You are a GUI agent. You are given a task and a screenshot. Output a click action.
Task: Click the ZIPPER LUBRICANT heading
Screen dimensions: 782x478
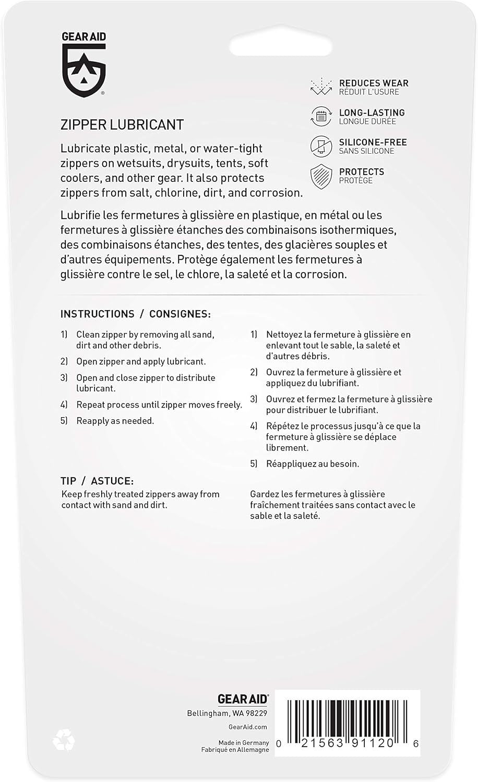pyautogui.click(x=122, y=125)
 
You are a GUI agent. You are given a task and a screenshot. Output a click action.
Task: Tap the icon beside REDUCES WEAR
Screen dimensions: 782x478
pyautogui.click(x=321, y=87)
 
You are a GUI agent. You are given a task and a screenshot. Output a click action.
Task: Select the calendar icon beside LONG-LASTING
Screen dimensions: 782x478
pyautogui.click(x=321, y=117)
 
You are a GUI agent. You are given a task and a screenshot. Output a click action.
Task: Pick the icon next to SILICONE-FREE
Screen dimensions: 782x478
pyautogui.click(x=321, y=146)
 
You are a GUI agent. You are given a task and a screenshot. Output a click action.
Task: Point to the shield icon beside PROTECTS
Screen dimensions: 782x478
pyautogui.click(x=321, y=176)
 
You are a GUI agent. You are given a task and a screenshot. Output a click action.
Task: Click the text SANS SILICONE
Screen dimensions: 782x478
pyautogui.click(x=366, y=151)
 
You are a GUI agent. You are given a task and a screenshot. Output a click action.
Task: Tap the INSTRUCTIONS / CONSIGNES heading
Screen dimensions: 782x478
pyautogui.click(x=136, y=314)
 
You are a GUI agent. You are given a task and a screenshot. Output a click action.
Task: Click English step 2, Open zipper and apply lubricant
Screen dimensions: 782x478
pyautogui.click(x=141, y=361)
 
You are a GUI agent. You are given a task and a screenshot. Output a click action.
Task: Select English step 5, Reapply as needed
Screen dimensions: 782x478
pyautogui.click(x=115, y=421)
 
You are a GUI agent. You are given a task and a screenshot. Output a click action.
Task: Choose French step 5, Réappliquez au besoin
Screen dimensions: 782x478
pyautogui.click(x=312, y=463)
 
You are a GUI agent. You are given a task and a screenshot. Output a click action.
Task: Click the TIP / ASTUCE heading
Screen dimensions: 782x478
pyautogui.click(x=97, y=481)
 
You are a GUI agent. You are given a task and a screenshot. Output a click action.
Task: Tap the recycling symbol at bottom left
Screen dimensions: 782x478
pyautogui.click(x=64, y=739)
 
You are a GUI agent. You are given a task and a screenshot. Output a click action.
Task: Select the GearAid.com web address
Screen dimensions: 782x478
pyautogui.click(x=248, y=727)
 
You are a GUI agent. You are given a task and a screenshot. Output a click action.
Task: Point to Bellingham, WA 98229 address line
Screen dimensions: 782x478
pyautogui.click(x=227, y=713)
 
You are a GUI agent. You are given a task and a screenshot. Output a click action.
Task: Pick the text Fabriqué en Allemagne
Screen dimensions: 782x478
pyautogui.click(x=235, y=750)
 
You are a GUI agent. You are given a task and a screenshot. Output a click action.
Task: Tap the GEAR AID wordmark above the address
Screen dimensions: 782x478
pyautogui.click(x=243, y=699)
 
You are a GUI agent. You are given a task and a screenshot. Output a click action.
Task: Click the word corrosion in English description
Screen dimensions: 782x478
pyautogui.click(x=276, y=192)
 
